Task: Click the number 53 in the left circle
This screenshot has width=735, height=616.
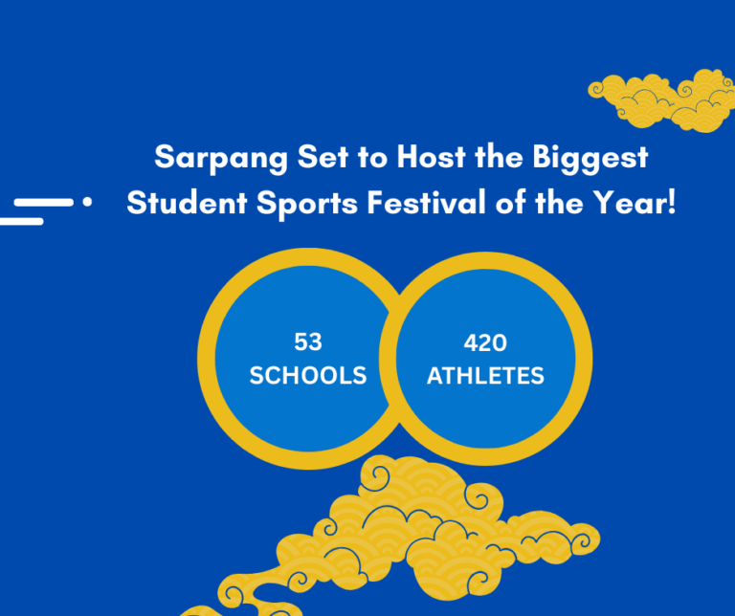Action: [x=307, y=342]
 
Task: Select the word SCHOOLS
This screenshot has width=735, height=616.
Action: [x=307, y=375]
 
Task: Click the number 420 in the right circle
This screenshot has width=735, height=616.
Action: [x=484, y=342]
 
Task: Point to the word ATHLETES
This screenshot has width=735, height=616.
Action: [x=484, y=375]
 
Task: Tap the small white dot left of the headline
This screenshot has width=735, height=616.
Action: [x=88, y=203]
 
